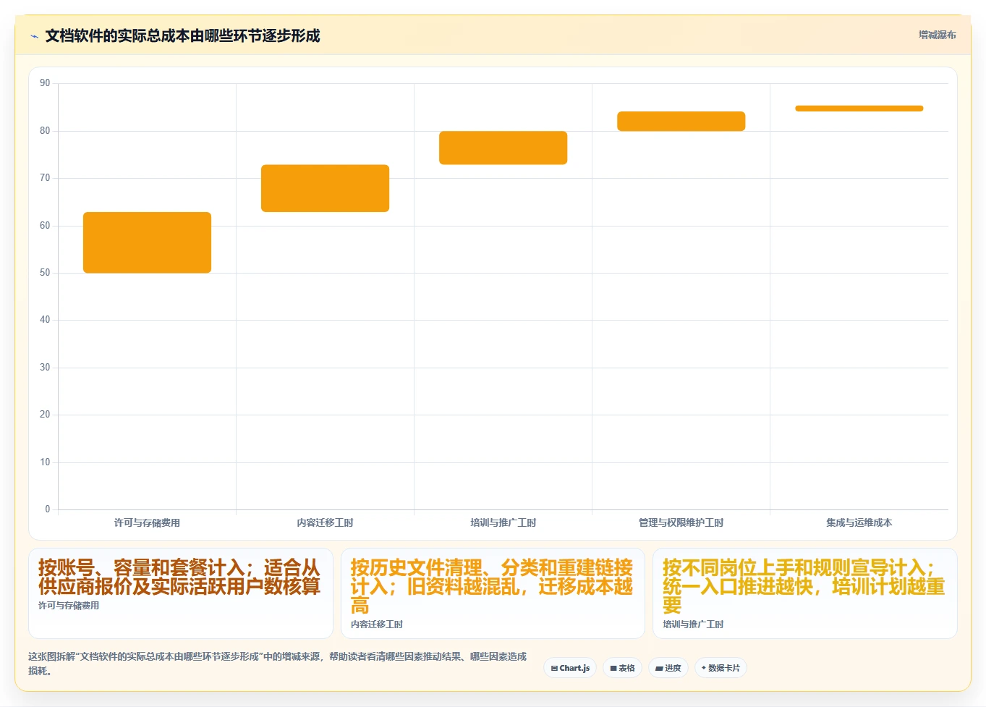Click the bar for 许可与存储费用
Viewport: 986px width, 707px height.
147,242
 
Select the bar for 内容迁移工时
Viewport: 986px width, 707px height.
325,188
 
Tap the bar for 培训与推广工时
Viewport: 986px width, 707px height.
503,148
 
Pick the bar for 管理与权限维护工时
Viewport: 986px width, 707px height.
681,121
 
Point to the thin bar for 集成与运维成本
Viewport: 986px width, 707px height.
859,109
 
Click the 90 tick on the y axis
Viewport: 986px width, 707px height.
45,82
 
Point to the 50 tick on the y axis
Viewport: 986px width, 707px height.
45,273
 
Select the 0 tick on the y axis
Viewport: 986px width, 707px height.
48,509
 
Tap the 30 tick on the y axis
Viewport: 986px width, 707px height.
45,367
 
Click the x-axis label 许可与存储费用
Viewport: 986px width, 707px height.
147,522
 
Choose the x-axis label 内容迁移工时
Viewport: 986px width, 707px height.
325,522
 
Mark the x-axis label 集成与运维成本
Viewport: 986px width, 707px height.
859,522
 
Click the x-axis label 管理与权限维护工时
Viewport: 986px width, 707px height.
681,522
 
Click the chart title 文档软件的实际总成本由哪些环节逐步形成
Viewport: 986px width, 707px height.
183,35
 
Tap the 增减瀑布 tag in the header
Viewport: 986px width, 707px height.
937,35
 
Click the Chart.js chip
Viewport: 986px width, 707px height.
570,668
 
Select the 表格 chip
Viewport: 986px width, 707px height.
622,668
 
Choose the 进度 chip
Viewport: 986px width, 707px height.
668,668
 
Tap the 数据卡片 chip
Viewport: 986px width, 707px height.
721,668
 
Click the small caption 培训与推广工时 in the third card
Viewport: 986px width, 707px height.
693,625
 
